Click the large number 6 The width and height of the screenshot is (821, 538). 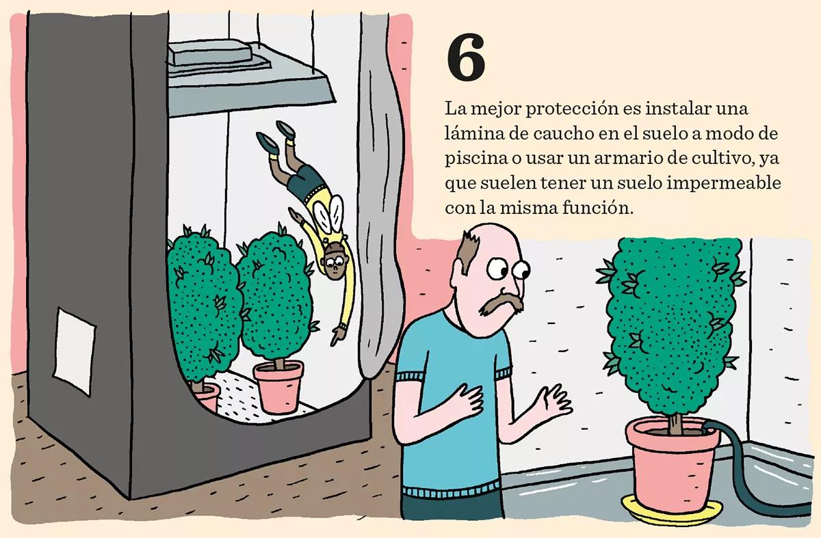tap(466, 58)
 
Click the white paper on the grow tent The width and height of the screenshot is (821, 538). tap(75, 351)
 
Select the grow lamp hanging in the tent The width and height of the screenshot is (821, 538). tap(249, 78)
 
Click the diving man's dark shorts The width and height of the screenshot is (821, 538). tap(305, 182)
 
